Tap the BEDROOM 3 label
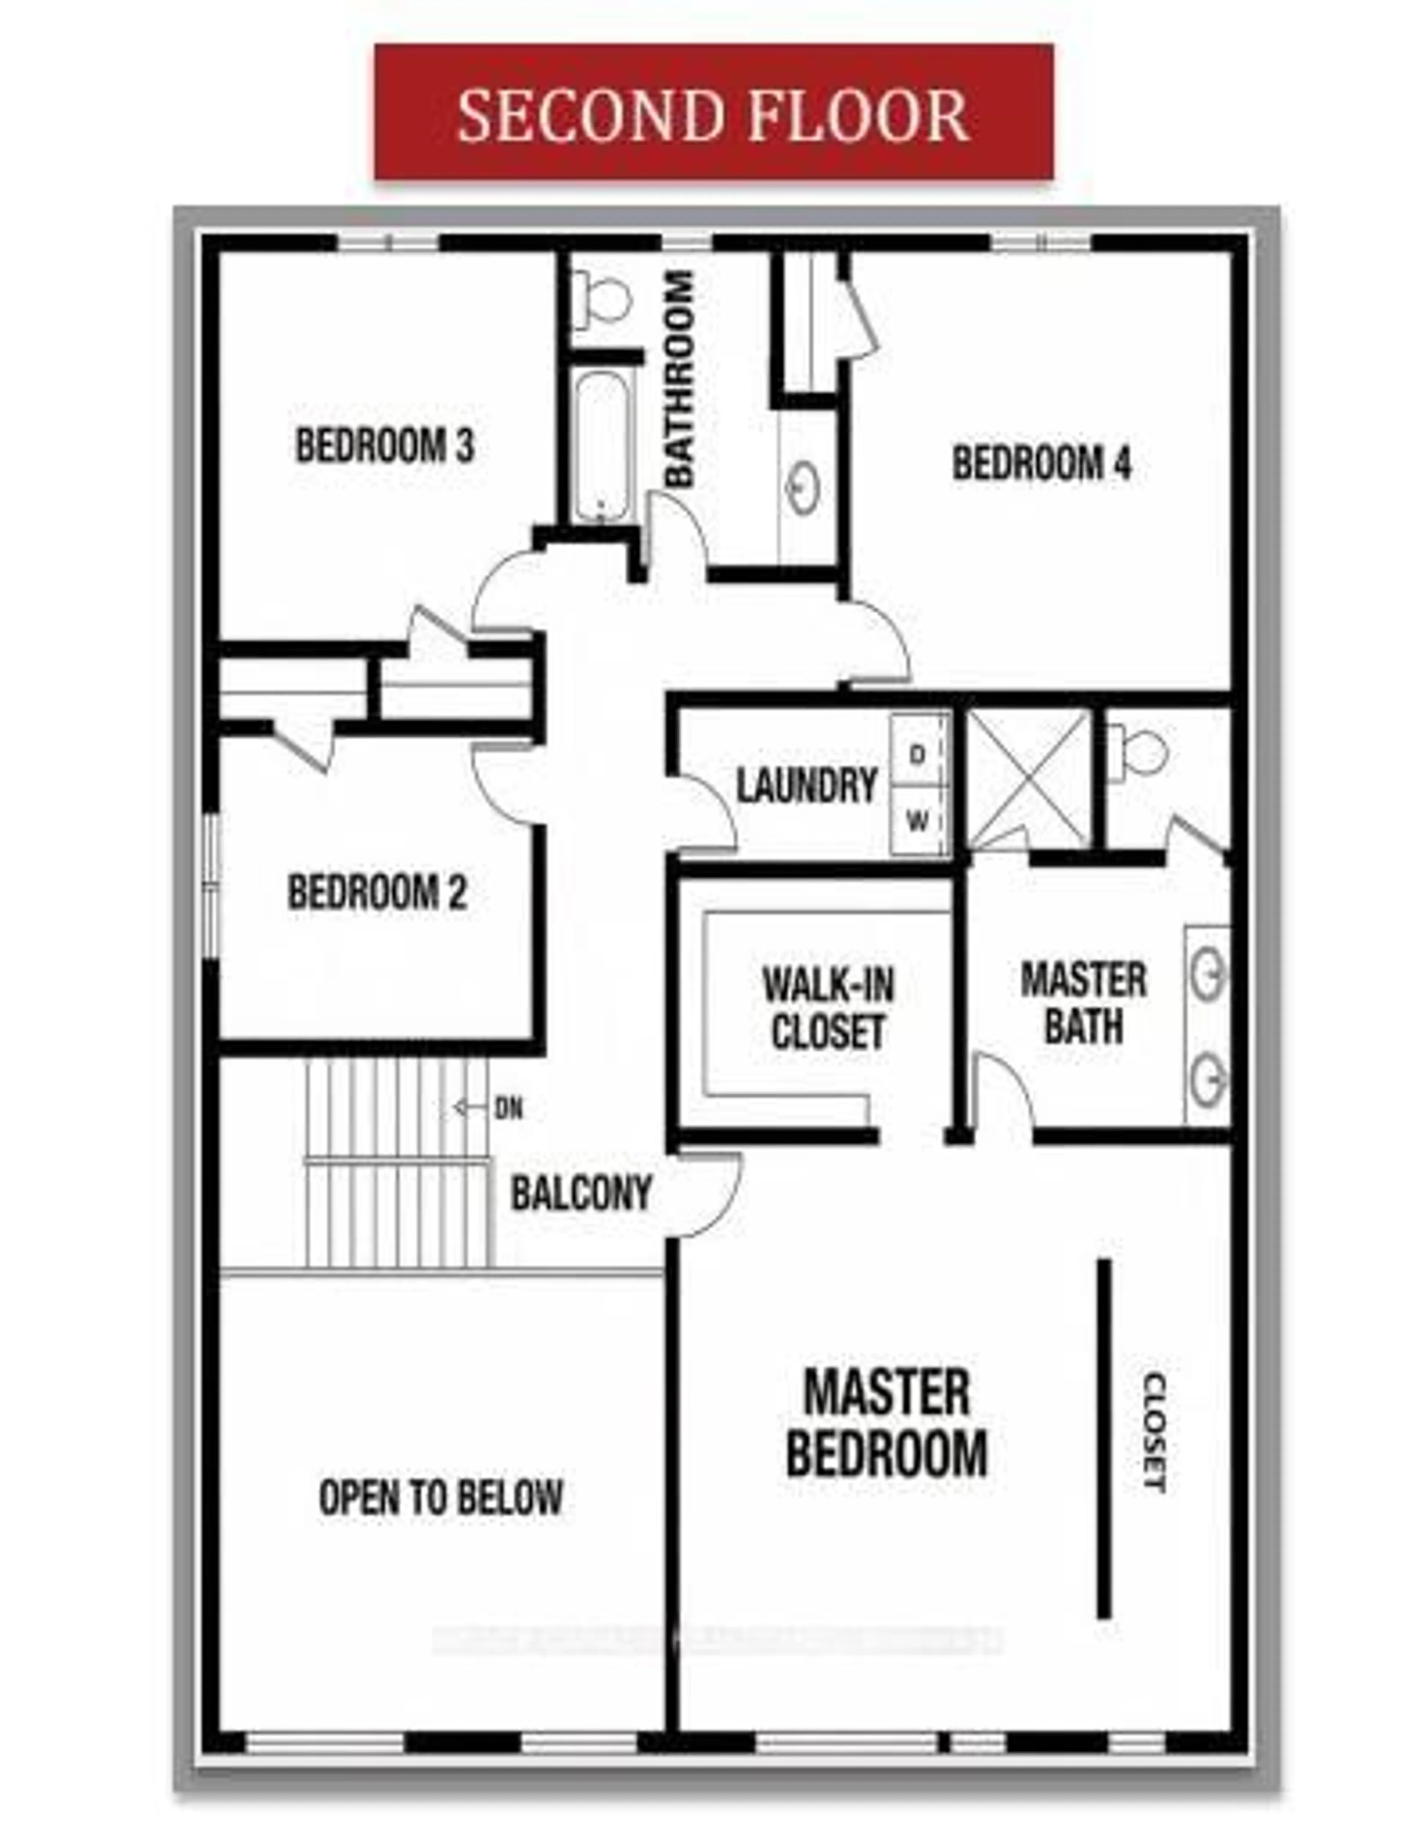385,445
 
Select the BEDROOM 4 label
1042,464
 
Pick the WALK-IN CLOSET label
827,1008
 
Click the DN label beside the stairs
508,1109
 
